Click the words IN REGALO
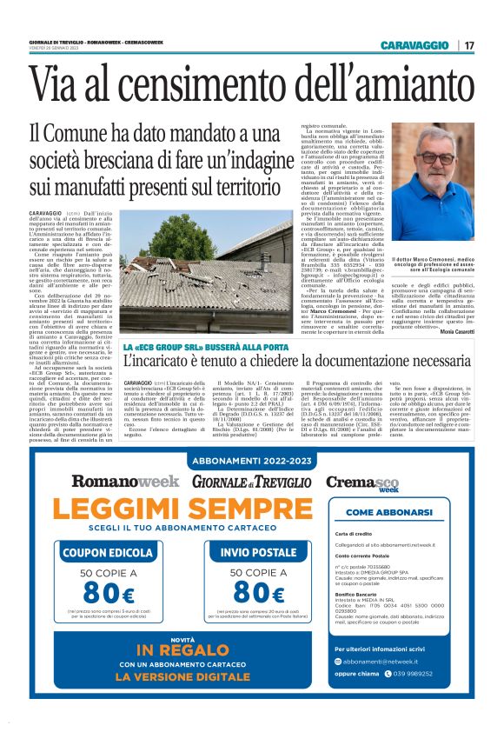[x=182, y=652]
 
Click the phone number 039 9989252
[x=427, y=697]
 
